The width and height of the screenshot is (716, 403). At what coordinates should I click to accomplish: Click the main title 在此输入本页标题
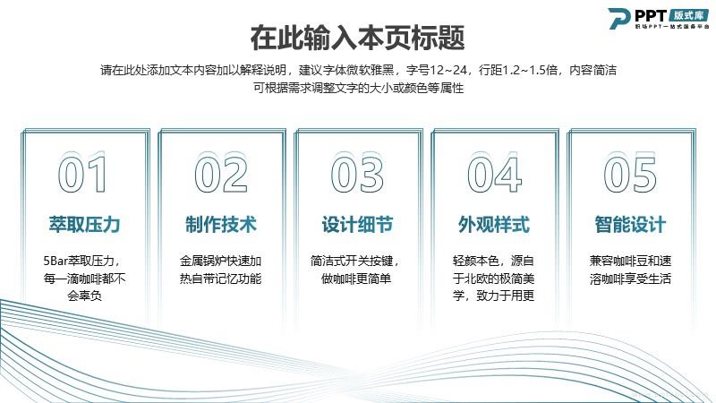click(357, 38)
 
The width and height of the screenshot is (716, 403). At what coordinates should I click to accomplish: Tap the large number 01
click(82, 174)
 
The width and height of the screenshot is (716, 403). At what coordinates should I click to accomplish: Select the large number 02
click(221, 174)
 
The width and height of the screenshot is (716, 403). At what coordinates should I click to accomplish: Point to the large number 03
click(357, 174)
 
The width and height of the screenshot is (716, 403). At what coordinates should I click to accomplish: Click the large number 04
click(494, 174)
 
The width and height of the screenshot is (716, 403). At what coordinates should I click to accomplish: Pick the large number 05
click(630, 174)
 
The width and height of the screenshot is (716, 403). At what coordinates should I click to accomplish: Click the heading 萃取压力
click(84, 225)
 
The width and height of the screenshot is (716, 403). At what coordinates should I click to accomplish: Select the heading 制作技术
click(221, 225)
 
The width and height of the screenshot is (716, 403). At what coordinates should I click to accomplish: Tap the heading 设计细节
click(357, 225)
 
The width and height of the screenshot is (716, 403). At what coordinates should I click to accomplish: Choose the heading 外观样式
click(494, 225)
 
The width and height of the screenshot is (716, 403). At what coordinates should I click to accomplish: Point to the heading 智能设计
click(630, 225)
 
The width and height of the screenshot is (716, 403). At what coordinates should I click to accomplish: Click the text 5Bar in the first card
click(55, 261)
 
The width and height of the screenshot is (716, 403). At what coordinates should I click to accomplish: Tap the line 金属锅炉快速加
click(220, 261)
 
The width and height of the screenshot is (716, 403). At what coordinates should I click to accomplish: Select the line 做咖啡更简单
click(356, 279)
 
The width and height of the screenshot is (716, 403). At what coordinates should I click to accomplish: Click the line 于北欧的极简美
click(494, 279)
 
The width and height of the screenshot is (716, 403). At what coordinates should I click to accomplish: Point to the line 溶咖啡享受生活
click(630, 279)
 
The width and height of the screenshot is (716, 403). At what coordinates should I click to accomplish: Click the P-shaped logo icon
click(619, 18)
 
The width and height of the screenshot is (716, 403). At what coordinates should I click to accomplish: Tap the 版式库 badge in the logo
click(689, 15)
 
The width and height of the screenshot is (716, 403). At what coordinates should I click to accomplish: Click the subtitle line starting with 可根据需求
click(359, 88)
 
